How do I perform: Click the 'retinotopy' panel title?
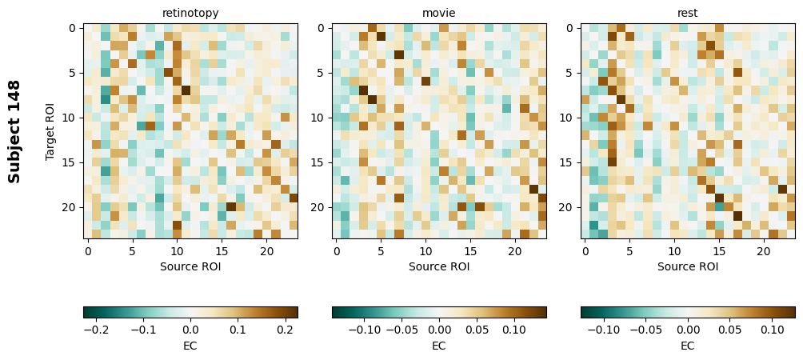click(x=190, y=13)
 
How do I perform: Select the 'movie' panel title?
click(x=439, y=13)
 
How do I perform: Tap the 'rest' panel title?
click(x=688, y=13)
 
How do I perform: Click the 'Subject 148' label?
click(x=14, y=131)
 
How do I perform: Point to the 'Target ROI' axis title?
click(x=50, y=131)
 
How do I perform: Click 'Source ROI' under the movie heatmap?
click(x=439, y=266)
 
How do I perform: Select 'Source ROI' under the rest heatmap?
click(x=688, y=266)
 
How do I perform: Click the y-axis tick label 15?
click(x=70, y=162)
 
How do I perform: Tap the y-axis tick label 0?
click(x=72, y=28)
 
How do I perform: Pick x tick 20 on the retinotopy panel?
click(x=266, y=251)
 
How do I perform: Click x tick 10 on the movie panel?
click(x=425, y=251)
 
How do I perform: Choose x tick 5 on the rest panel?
click(x=629, y=251)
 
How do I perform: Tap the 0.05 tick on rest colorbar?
click(x=730, y=329)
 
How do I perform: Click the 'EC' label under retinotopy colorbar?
click(x=190, y=346)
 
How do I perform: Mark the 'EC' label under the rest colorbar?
click(x=688, y=346)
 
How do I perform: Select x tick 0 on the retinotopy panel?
click(x=88, y=251)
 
